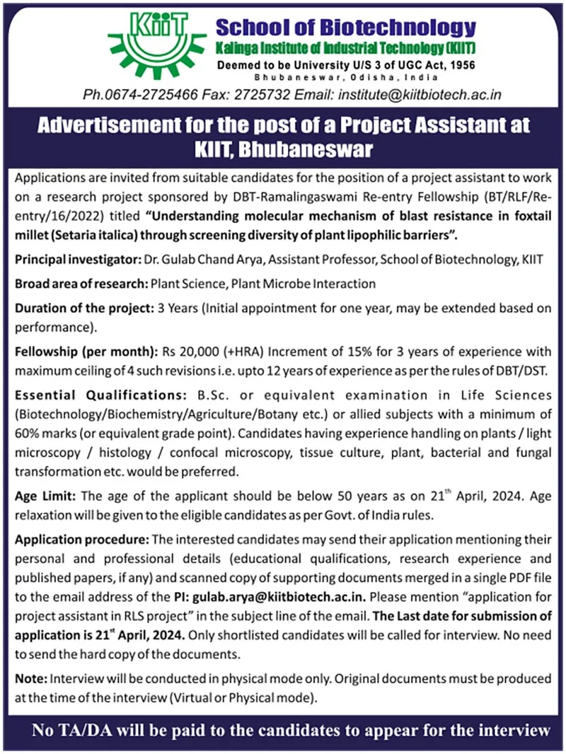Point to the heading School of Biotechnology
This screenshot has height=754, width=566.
pyautogui.click(x=345, y=28)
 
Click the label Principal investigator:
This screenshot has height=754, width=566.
pyautogui.click(x=77, y=260)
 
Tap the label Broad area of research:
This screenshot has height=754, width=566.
pyautogui.click(x=81, y=284)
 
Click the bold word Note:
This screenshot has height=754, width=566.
pyautogui.click(x=30, y=679)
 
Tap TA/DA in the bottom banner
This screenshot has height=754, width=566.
pyautogui.click(x=86, y=729)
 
